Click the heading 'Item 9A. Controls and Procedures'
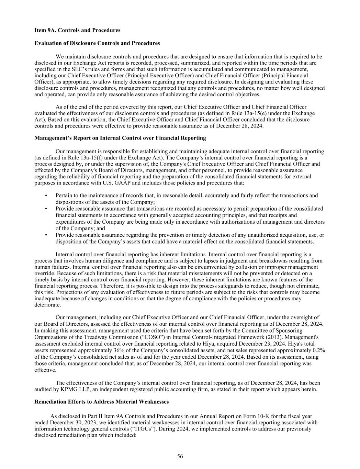coord(77,30)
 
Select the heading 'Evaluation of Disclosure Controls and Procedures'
coord(97,43)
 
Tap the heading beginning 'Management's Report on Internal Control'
coord(120,138)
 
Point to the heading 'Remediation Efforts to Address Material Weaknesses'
coord(102,402)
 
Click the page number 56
coord(180,456)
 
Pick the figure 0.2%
coord(319,350)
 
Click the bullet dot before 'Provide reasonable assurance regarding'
coord(46,235)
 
